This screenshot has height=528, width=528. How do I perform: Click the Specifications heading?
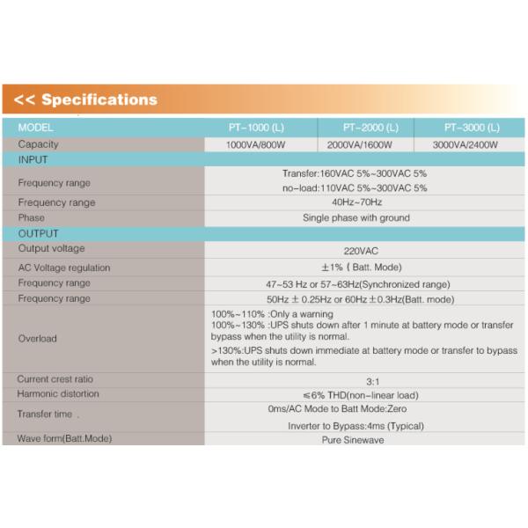point(86,99)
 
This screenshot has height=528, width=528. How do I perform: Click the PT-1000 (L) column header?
point(257,128)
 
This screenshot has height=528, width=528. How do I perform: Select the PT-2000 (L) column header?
point(370,128)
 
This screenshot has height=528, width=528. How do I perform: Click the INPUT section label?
point(33,160)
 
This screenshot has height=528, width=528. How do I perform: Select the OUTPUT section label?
point(38,234)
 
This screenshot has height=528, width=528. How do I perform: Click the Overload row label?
point(37,338)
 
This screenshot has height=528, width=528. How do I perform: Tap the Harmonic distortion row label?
point(58,393)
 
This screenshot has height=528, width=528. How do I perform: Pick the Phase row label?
point(31,217)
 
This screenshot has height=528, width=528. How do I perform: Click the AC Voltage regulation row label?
point(64,268)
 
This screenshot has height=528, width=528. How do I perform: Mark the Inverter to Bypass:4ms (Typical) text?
point(356,425)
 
